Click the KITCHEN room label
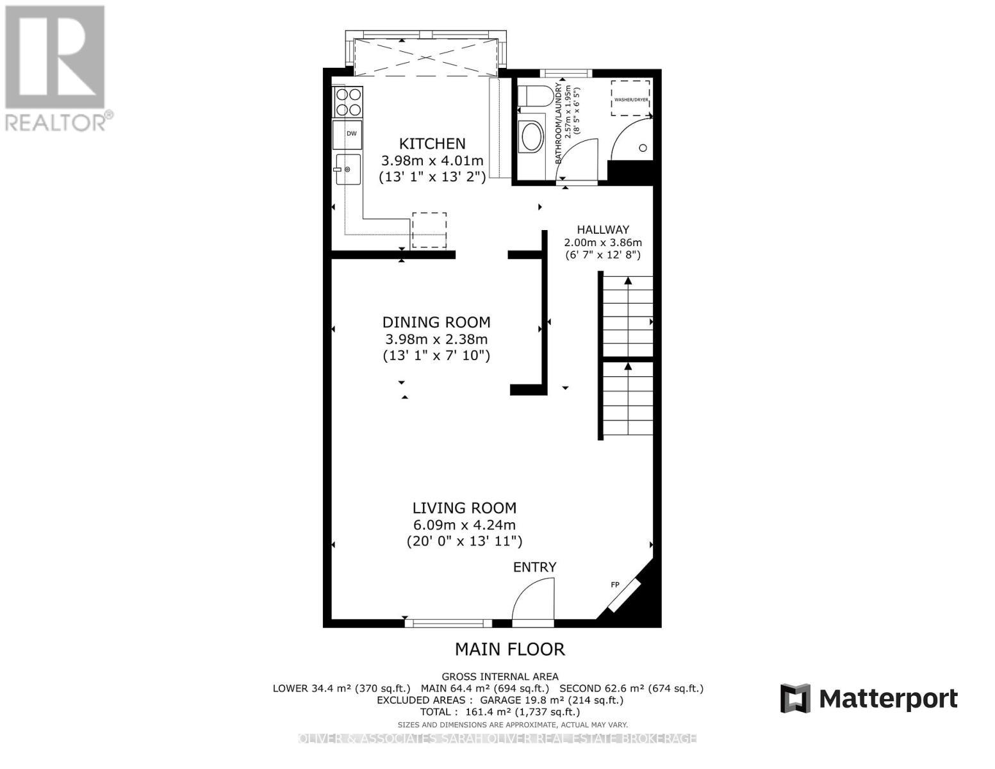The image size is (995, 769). click(432, 144)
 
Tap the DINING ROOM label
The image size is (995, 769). click(436, 322)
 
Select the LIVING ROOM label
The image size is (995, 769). click(464, 508)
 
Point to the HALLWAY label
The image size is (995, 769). click(602, 229)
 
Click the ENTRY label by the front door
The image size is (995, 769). click(534, 567)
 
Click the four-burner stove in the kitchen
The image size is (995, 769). click(348, 102)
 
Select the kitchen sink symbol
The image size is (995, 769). click(348, 169)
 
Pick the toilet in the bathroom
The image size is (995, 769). click(534, 96)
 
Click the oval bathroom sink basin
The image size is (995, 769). click(532, 136)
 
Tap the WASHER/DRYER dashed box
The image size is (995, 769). click(630, 98)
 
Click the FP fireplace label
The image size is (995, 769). click(614, 584)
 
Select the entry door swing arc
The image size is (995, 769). click(532, 599)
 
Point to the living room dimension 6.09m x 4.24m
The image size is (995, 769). click(464, 525)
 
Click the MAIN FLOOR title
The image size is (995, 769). click(509, 649)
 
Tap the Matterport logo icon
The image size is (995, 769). click(795, 698)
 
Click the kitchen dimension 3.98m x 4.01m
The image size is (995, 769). click(432, 160)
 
